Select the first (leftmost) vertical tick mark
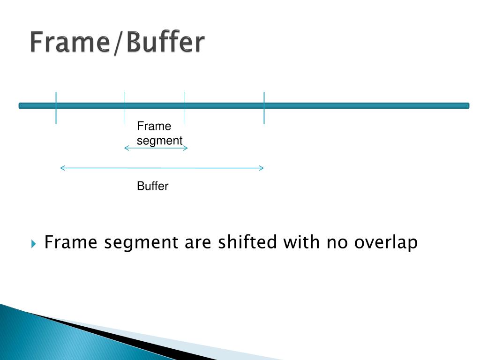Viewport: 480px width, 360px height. pos(56,108)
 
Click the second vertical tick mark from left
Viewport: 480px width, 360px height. pos(124,108)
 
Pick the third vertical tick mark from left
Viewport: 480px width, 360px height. pos(184,108)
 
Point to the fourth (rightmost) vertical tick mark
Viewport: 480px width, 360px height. pos(264,108)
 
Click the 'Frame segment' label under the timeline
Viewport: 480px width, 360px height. pos(159,134)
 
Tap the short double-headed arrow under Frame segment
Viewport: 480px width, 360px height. pos(156,148)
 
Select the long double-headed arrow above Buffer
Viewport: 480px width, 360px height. pos(162,168)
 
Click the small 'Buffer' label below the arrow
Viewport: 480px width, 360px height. pos(152,187)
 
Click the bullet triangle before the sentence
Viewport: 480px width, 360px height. pos(34,244)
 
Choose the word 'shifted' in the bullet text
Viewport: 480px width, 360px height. pos(248,243)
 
